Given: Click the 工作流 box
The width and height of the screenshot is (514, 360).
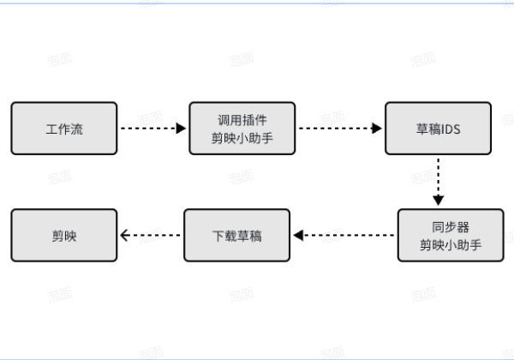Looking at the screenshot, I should pyautogui.click(x=64, y=129).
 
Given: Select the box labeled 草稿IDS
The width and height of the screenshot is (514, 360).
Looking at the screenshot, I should pyautogui.click(x=438, y=129).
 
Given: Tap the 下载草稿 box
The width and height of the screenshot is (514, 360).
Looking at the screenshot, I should pyautogui.click(x=237, y=235).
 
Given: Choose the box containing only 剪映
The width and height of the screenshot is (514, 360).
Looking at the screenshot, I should pyautogui.click(x=64, y=235).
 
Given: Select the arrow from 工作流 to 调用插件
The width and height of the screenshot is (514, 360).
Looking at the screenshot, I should pyautogui.click(x=152, y=129).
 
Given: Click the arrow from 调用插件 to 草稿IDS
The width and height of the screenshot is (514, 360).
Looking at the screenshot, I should pyautogui.click(x=339, y=129).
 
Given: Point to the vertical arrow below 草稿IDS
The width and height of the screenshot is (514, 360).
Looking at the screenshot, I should pyautogui.click(x=439, y=182).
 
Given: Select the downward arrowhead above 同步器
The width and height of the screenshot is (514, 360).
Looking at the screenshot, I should pyautogui.click(x=439, y=202).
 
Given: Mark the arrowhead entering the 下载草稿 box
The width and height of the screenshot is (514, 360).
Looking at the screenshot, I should pyautogui.click(x=299, y=235).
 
